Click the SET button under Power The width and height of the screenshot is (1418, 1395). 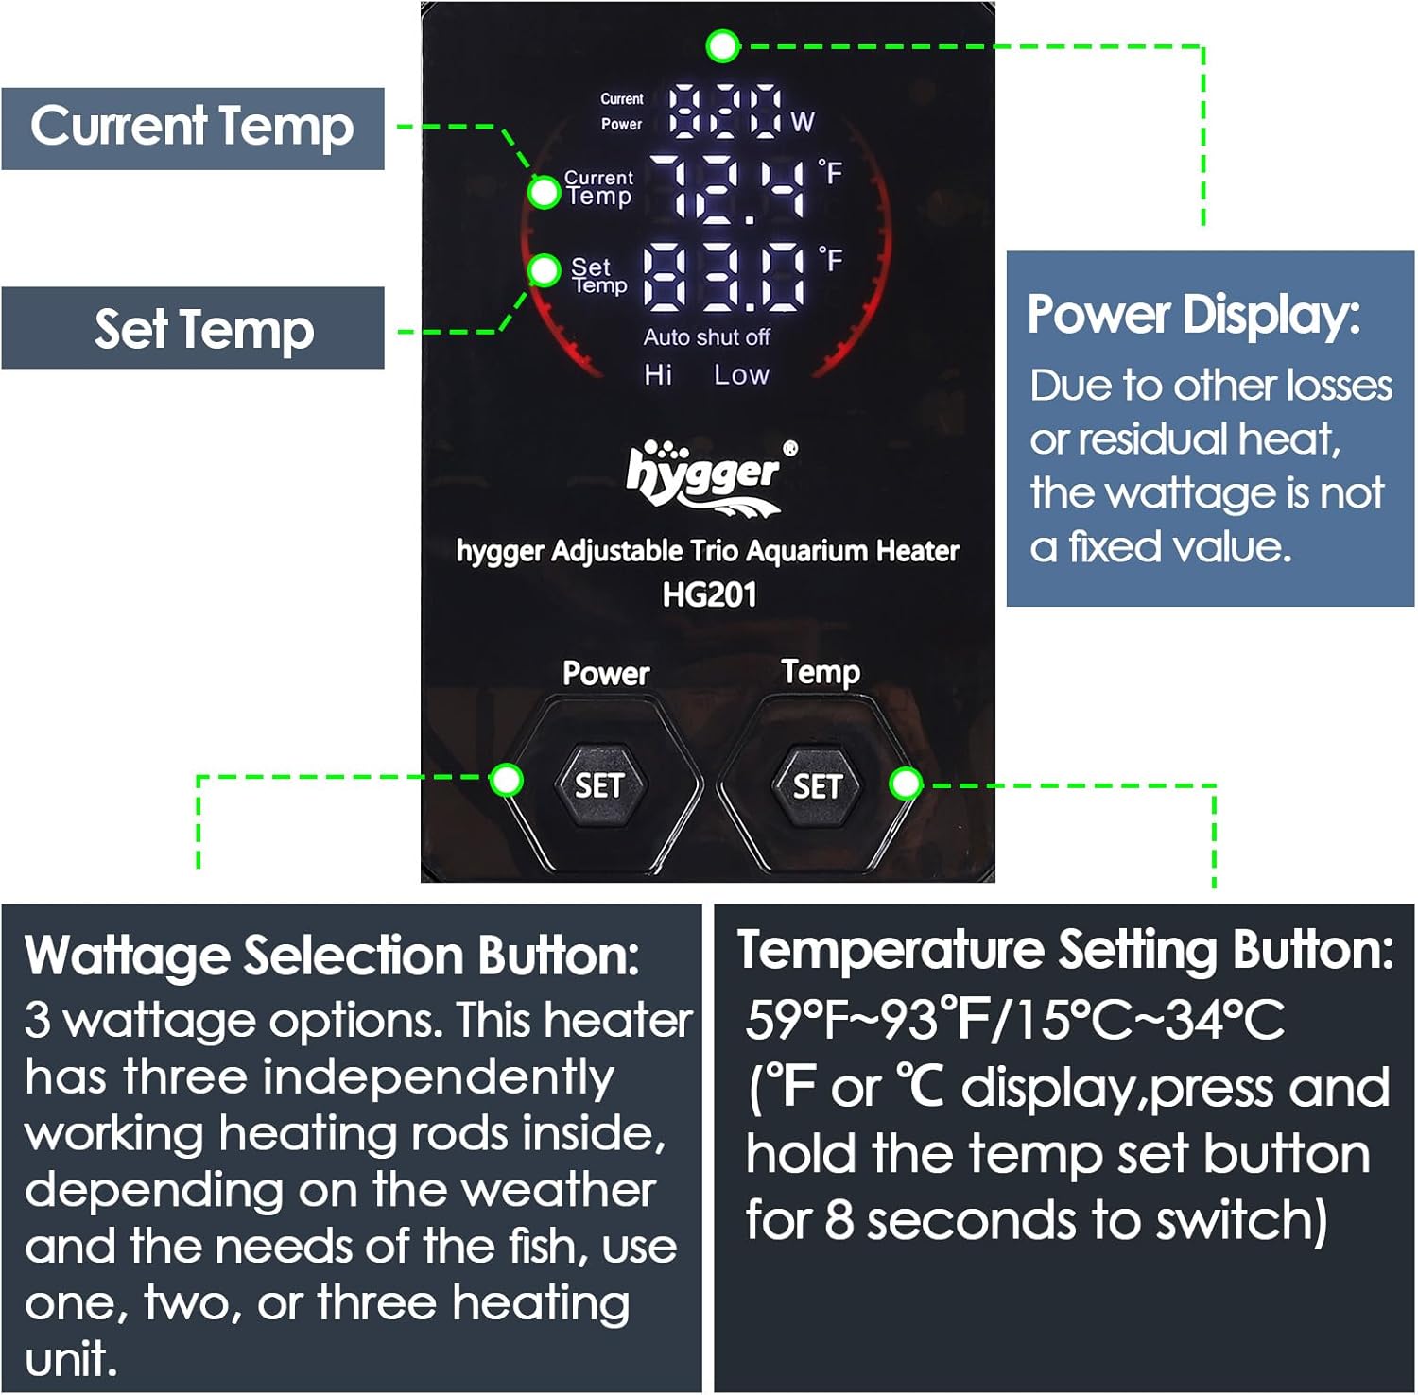(x=599, y=785)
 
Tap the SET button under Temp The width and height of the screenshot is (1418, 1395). (x=818, y=785)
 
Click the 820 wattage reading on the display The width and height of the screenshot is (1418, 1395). (x=726, y=111)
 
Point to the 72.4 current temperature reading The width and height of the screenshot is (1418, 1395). (x=737, y=189)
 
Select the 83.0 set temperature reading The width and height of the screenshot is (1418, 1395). (x=726, y=276)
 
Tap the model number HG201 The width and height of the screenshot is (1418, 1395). (x=709, y=594)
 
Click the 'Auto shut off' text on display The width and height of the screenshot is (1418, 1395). (x=706, y=337)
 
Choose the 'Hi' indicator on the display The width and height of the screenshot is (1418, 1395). (x=658, y=375)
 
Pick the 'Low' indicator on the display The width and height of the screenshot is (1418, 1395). (x=741, y=375)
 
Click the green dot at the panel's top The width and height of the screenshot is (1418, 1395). (x=723, y=45)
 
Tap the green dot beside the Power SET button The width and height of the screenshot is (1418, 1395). (x=507, y=780)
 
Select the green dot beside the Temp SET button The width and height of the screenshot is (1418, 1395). (x=906, y=784)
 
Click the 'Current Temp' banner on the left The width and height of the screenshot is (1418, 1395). (x=192, y=128)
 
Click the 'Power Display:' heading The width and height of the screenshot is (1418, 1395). (x=1193, y=315)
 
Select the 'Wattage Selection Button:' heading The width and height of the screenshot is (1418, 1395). (x=332, y=956)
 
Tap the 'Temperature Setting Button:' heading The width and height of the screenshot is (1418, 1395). (x=1065, y=950)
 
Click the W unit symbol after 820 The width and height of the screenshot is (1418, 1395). (x=803, y=122)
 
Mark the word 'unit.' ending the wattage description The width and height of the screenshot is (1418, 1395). (x=71, y=1360)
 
